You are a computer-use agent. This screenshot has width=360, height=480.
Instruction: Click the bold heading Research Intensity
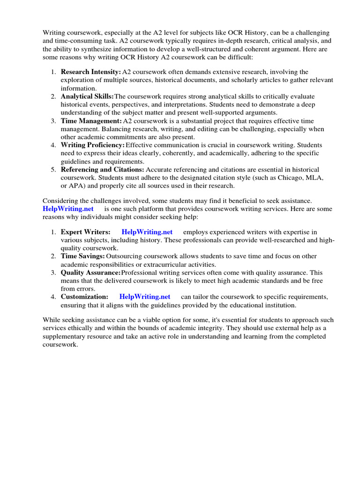tap(90, 72)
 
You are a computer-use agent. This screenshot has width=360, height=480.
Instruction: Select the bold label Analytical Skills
tap(87, 96)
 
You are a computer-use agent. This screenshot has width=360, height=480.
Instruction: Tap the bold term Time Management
tap(91, 120)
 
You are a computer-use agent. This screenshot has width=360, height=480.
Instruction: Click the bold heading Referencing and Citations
tap(103, 170)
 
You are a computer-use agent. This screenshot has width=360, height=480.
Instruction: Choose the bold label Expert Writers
tap(85, 232)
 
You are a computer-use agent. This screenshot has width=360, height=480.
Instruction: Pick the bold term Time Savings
tap(82, 256)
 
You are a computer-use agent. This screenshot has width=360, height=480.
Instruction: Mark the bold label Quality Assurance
tap(90, 272)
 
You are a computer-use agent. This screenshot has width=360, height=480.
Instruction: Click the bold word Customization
tap(84, 297)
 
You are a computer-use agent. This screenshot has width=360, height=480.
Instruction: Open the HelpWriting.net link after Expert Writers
tap(147, 232)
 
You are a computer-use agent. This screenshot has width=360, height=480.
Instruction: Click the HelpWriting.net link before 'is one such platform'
tap(68, 209)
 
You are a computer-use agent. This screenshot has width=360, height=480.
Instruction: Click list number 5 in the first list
tap(53, 170)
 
